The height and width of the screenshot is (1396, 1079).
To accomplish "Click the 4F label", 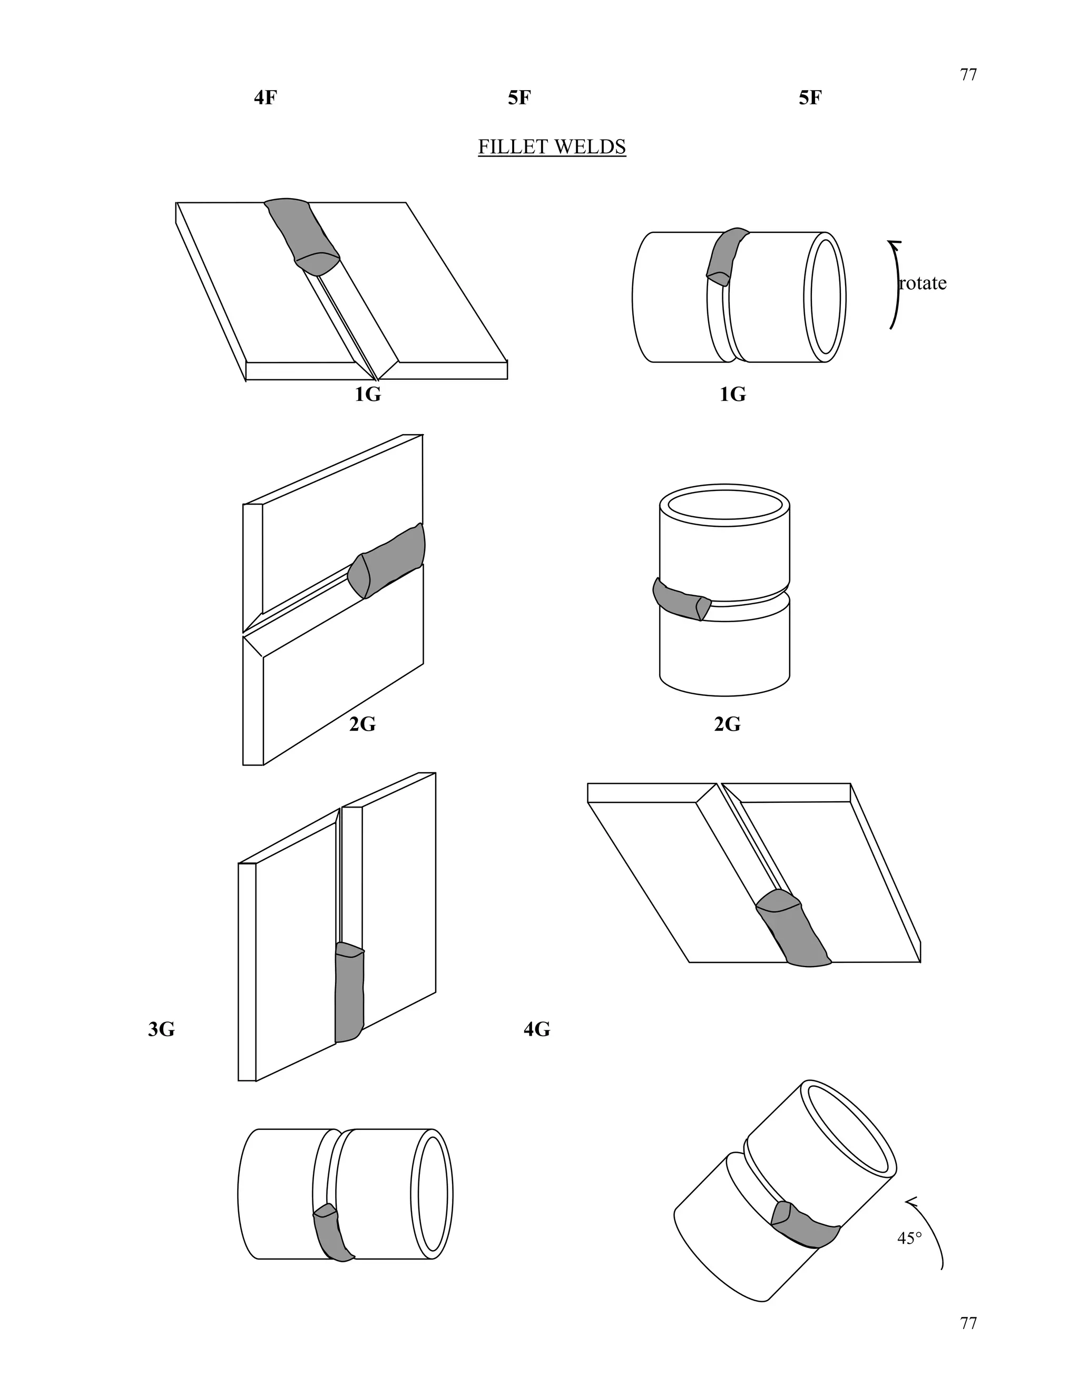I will (x=266, y=98).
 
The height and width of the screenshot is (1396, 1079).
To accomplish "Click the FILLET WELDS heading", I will (x=552, y=147).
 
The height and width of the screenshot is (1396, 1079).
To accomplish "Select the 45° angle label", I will (x=909, y=1238).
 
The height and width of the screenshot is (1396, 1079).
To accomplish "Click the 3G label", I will (x=161, y=1029).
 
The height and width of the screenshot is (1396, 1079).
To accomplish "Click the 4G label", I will (x=536, y=1029).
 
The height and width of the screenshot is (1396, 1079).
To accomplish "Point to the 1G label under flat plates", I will (x=368, y=395).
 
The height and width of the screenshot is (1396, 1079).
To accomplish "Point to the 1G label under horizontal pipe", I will (x=732, y=395).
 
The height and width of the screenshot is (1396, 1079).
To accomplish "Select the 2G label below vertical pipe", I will (x=727, y=724).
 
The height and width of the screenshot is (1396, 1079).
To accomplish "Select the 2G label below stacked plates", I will (x=362, y=724).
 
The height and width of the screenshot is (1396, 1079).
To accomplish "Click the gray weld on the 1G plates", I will (x=303, y=234).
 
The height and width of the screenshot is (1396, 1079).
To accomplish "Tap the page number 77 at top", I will (x=968, y=75).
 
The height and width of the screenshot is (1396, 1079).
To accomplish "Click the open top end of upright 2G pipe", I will (x=724, y=505).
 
